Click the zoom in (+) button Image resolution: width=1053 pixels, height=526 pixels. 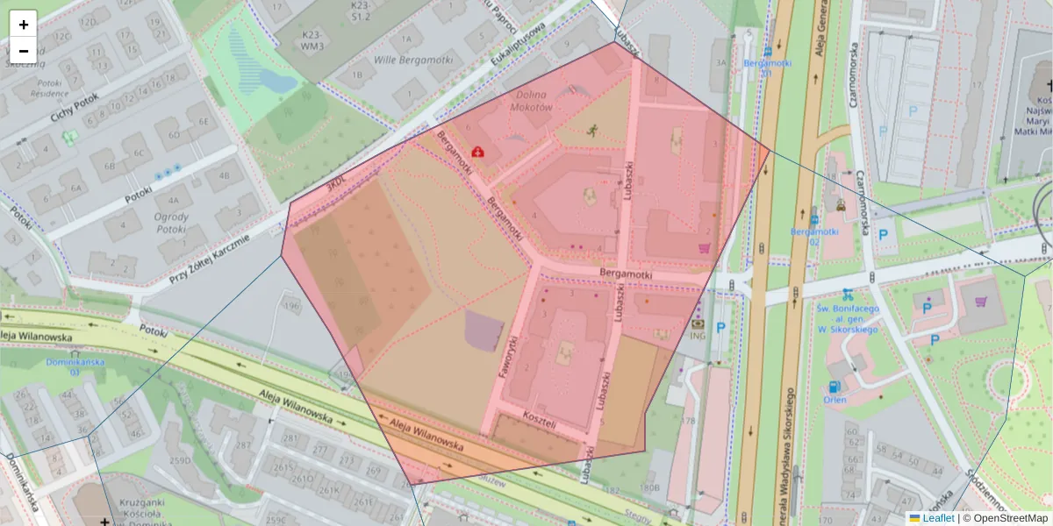pyautogui.click(x=24, y=25)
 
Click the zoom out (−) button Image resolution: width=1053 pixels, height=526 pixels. pyautogui.click(x=24, y=51)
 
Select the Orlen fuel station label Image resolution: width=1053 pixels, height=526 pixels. pyautogui.click(x=835, y=400)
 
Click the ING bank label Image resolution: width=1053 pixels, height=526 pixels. pyautogui.click(x=698, y=335)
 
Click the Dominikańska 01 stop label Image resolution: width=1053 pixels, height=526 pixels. pyautogui.click(x=75, y=366)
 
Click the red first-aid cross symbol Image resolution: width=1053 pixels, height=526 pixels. pyautogui.click(x=477, y=152)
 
